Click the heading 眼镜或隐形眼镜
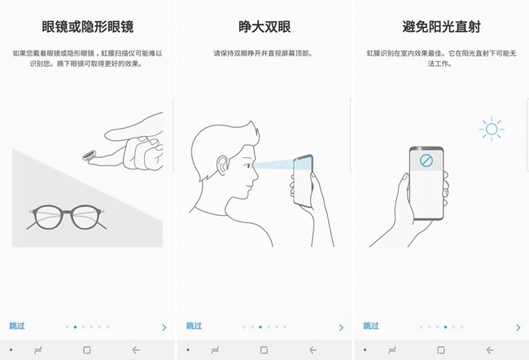coord(88,27)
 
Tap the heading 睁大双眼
coord(264,27)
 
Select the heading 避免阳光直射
coord(441,27)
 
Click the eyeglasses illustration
coord(67,217)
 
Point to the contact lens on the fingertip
coord(89,156)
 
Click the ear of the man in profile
coord(222,165)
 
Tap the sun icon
coord(492,129)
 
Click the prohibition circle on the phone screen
coord(426,160)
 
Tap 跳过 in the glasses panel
coord(17,326)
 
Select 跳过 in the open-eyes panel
coord(194,326)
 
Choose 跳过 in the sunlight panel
coord(371,326)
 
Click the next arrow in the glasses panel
coord(164,327)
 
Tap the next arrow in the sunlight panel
coord(518,327)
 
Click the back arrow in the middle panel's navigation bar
coord(313,350)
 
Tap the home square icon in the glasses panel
coord(87,350)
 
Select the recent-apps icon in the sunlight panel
coord(391,350)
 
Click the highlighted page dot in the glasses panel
coord(75,327)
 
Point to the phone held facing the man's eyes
coord(303,181)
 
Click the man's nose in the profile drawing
coord(256,175)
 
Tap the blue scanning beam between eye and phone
coord(273,165)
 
